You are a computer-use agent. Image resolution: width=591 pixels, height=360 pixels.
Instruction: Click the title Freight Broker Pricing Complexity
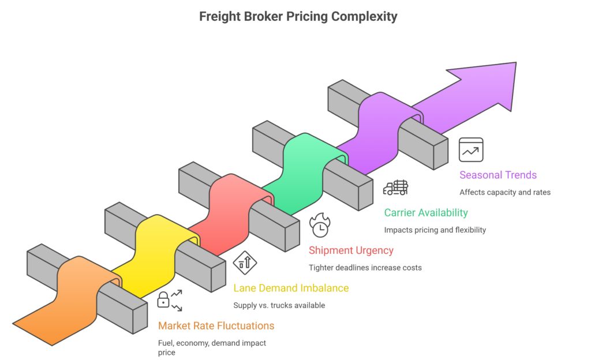(x=298, y=16)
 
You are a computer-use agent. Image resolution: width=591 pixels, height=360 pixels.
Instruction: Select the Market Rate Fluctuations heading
(x=216, y=326)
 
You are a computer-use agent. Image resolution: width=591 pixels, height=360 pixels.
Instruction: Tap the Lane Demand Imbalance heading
(x=291, y=288)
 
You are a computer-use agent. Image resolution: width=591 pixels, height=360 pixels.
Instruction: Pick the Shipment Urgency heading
(x=351, y=250)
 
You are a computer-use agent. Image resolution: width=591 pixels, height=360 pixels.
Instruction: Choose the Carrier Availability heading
(x=426, y=213)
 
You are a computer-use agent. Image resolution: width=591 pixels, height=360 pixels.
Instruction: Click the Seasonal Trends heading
(x=498, y=175)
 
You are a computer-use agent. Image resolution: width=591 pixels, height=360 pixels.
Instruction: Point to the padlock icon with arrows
(x=169, y=301)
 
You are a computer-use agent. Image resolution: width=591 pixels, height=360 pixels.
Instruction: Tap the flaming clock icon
(x=319, y=225)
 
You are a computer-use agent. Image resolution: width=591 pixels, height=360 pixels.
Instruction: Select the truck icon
(x=396, y=187)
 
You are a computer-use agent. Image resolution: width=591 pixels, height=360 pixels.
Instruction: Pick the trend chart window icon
(x=471, y=149)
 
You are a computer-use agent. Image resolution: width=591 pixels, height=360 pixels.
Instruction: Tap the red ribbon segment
(x=228, y=208)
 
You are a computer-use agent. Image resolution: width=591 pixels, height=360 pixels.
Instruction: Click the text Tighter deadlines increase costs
(x=365, y=268)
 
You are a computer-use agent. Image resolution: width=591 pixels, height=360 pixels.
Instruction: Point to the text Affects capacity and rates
(x=505, y=192)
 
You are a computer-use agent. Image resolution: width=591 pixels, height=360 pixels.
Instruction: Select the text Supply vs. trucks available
(x=279, y=305)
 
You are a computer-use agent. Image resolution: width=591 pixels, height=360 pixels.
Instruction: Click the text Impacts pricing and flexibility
(x=435, y=230)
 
